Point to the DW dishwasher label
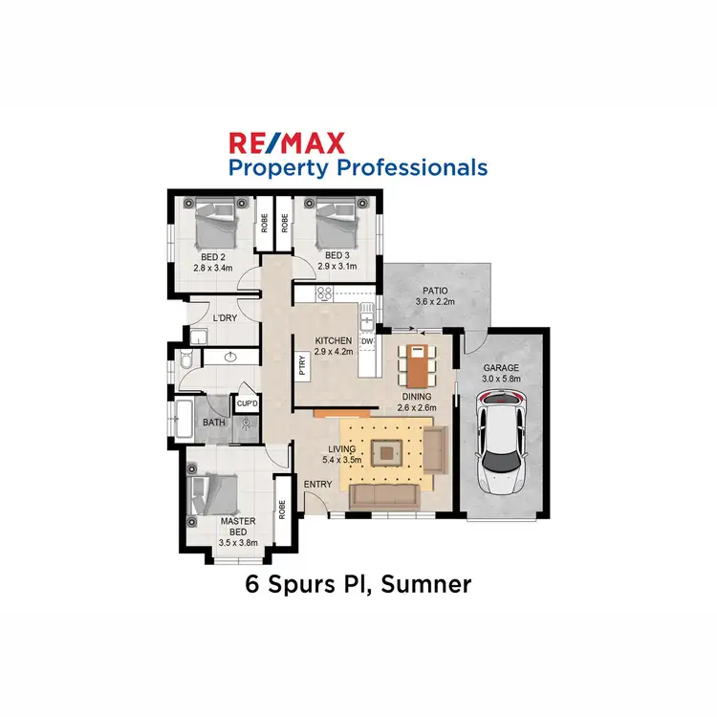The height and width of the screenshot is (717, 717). point(367,341)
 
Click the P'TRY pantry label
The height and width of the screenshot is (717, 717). point(299,367)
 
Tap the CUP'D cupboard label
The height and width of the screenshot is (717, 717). point(247,404)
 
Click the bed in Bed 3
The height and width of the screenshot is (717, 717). point(335,226)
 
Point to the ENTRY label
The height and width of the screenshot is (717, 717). point(317,485)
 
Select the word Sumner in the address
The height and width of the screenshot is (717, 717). point(426,584)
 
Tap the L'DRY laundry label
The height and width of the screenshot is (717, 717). point(225,318)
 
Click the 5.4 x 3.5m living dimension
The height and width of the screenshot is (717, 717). point(342,460)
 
